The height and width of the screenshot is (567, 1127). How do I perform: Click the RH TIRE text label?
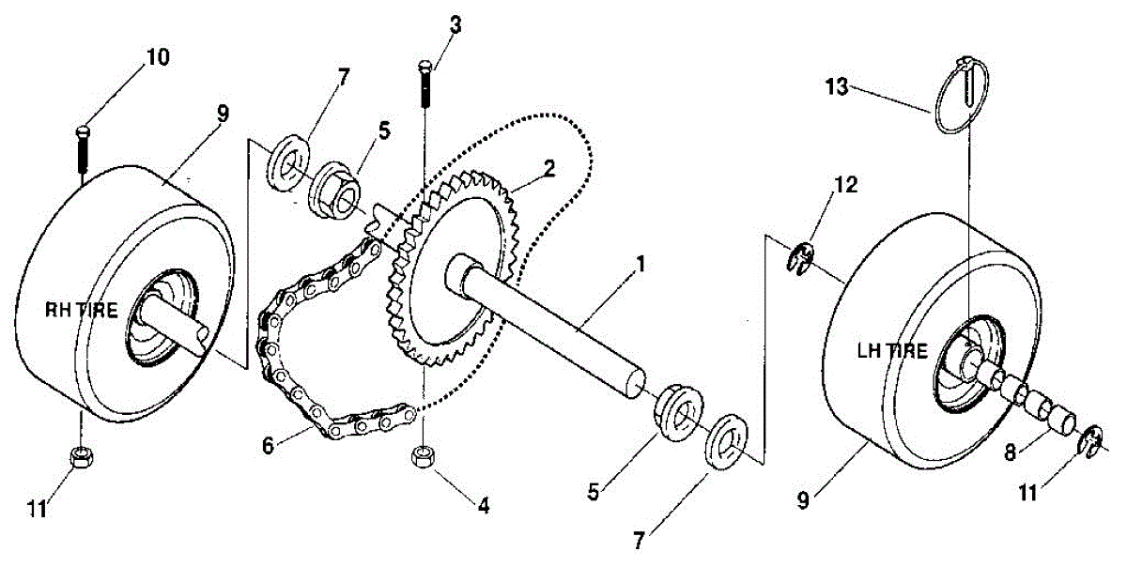[x=83, y=312]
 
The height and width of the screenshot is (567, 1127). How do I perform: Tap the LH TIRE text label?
[x=892, y=352]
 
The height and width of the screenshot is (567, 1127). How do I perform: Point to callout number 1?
[x=639, y=265]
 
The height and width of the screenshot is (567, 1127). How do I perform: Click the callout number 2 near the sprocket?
[x=549, y=169]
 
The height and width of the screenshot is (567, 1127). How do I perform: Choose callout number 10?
[x=157, y=56]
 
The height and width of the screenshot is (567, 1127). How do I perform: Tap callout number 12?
[x=844, y=186]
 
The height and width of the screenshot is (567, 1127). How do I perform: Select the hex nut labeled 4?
[x=423, y=457]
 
